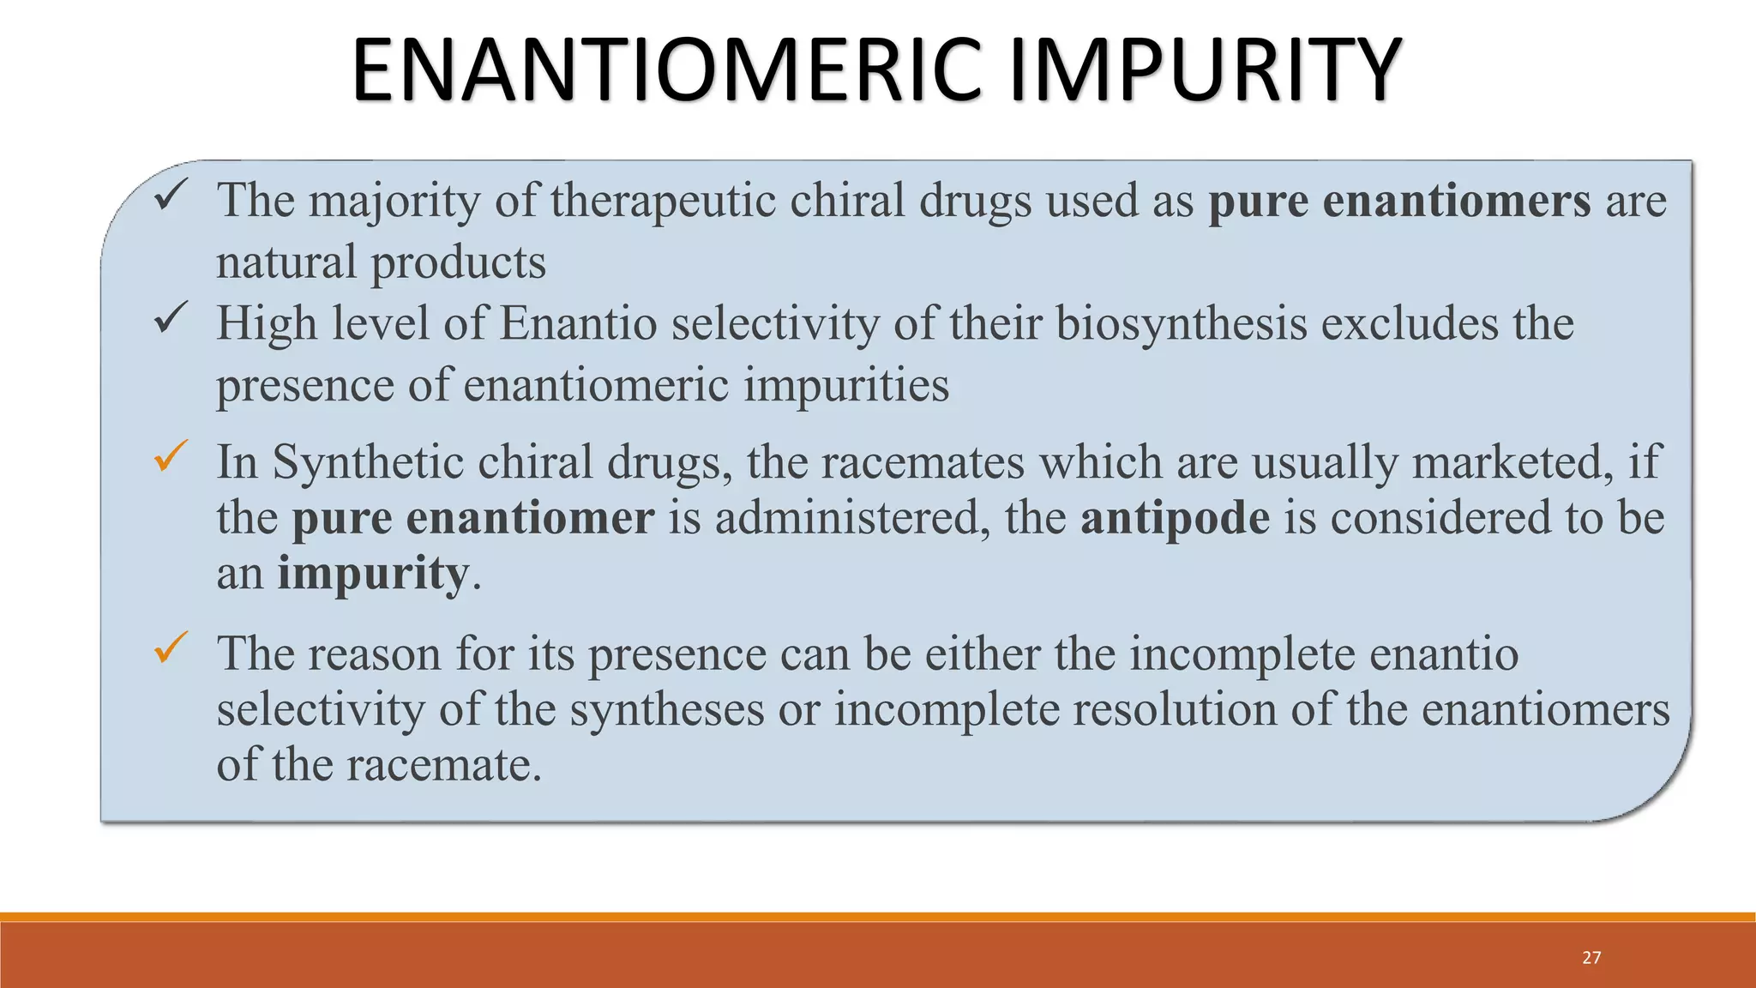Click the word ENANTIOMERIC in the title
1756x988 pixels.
[x=665, y=70]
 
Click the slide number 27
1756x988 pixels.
[x=1591, y=957]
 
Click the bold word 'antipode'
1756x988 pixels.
[x=1175, y=518]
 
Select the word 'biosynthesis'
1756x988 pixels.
[x=1181, y=324]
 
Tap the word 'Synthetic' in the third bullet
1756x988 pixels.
[x=368, y=462]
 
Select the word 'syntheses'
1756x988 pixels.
[x=666, y=711]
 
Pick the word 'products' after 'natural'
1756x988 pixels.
[x=458, y=262]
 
